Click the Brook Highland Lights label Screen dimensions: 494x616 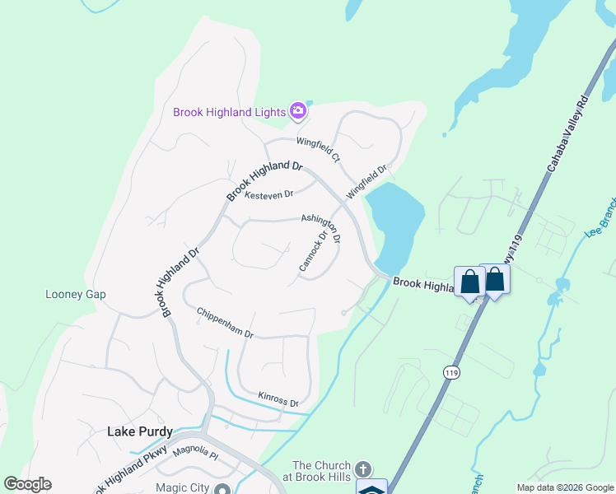[229, 112]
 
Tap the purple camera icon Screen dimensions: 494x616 [298, 111]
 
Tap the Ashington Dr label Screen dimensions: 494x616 [321, 229]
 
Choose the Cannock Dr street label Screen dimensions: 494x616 [314, 251]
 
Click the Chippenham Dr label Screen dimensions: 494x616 [225, 324]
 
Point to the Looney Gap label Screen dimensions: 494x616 [75, 294]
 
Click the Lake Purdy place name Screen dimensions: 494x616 [141, 431]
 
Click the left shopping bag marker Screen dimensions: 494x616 [469, 282]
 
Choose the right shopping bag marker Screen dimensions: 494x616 [495, 279]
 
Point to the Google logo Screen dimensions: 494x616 [27, 484]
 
